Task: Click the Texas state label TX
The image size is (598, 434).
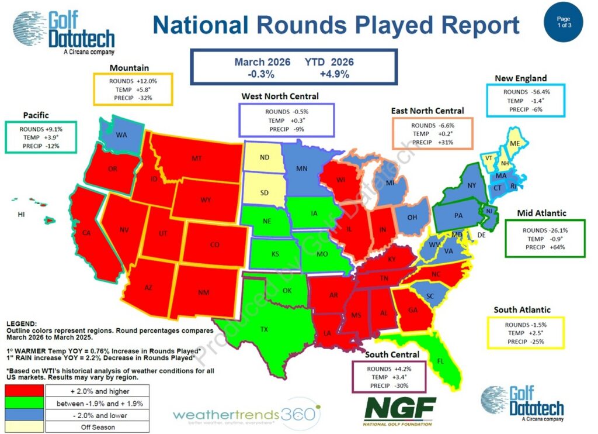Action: (x=264, y=329)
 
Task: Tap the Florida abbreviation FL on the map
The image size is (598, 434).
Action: (x=440, y=361)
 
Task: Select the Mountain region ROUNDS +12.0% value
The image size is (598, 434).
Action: (x=133, y=81)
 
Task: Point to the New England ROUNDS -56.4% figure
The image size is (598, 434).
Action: (x=527, y=92)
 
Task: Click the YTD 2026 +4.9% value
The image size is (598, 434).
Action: (x=335, y=74)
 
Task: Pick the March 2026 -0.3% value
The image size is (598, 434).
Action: (x=261, y=74)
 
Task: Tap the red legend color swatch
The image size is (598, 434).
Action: (x=25, y=391)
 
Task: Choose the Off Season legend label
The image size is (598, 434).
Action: (x=98, y=427)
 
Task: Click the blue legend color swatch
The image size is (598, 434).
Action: (x=25, y=415)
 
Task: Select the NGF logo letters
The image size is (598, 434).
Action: (x=400, y=408)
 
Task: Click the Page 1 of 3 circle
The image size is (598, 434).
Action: (x=564, y=22)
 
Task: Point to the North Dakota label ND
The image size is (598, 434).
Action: (x=265, y=157)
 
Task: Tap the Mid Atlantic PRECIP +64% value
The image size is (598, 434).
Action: (x=545, y=247)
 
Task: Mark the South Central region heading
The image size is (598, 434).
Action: (x=392, y=354)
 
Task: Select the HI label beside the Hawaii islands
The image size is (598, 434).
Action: (x=22, y=214)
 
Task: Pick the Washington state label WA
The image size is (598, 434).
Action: (x=121, y=135)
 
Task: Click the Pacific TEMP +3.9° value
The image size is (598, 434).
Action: (x=41, y=137)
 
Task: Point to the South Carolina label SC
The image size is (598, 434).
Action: (x=430, y=297)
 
